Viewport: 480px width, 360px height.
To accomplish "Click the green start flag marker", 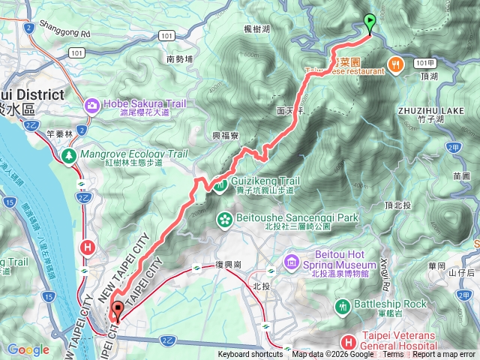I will tap(370, 22).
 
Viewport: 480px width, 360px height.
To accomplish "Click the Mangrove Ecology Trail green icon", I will tap(69, 155).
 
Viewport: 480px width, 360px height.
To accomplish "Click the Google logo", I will tap(28, 349).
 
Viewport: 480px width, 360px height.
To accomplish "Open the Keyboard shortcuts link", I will tap(250, 355).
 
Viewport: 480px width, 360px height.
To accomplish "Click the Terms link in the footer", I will tap(392, 355).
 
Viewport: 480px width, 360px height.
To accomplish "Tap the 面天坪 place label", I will tap(289, 109).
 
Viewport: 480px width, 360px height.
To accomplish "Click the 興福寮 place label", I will tap(225, 136).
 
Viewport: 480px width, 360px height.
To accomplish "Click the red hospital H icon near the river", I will tap(88, 247).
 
